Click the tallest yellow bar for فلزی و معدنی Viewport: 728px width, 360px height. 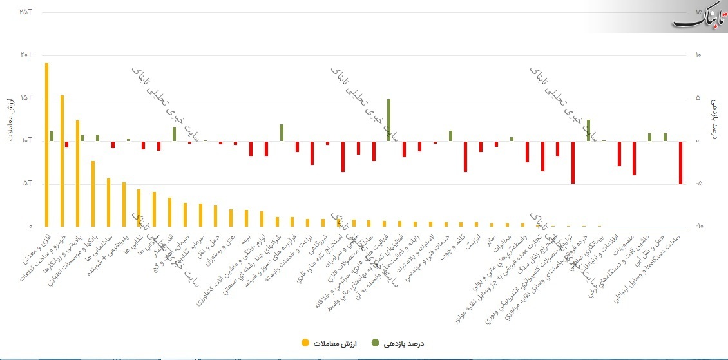click(46, 145)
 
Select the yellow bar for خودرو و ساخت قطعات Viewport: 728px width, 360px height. click(62, 161)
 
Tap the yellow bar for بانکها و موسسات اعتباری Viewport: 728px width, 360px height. click(93, 194)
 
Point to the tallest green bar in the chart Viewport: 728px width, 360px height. click(388, 120)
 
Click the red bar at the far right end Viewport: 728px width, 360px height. click(680, 162)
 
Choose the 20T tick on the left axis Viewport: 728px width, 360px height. click(26, 55)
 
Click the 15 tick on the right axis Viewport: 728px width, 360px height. click(700, 12)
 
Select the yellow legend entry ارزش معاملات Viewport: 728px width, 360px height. click(322, 343)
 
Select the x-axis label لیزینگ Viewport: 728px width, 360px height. click(474, 242)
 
